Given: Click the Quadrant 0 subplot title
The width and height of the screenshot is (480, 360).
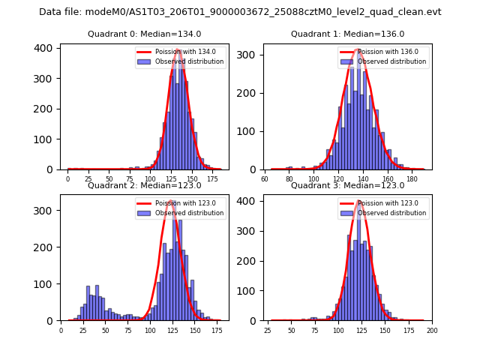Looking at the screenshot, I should (x=145, y=34).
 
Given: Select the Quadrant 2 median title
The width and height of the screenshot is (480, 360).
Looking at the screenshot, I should (x=145, y=185).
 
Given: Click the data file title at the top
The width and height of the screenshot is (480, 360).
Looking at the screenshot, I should (x=240, y=12).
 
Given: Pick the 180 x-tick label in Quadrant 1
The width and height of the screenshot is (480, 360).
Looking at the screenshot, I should (x=412, y=179).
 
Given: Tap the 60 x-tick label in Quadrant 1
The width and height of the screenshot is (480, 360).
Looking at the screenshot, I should (x=265, y=179).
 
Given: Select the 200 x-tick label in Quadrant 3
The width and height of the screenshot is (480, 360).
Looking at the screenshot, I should (x=432, y=330).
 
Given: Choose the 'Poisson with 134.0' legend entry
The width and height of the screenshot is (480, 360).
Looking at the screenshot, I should (x=178, y=52).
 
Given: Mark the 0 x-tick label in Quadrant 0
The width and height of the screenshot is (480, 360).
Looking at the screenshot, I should (x=67, y=179).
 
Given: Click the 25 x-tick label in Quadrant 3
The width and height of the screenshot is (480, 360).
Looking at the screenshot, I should (x=268, y=330).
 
